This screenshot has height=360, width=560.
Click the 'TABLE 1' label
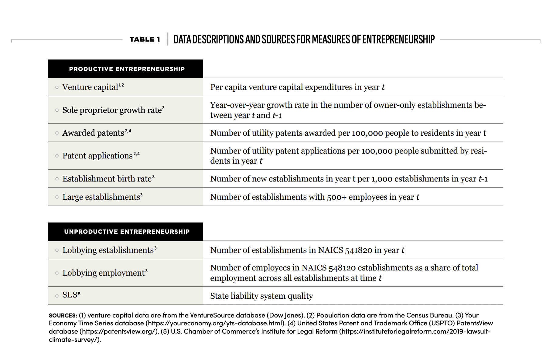145,39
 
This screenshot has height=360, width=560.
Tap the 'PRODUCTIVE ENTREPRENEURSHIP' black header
125,69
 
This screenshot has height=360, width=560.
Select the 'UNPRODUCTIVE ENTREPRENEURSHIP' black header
125,232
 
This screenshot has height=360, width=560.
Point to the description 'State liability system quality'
261,296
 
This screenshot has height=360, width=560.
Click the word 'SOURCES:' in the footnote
63,315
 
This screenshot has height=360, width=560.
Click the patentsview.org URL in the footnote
119,331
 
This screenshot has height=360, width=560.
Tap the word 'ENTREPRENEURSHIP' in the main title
398,39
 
